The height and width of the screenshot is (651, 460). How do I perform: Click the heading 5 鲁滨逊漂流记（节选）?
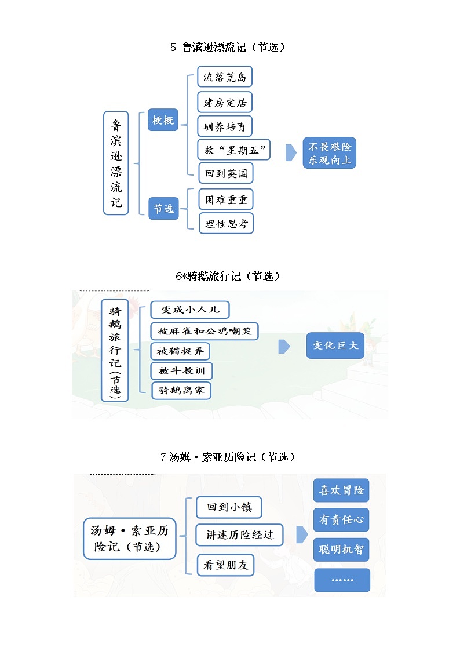[228, 48]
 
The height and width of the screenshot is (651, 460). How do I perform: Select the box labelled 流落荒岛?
[225, 77]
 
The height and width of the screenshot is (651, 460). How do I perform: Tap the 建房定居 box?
[225, 103]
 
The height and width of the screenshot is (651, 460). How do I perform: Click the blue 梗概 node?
[163, 120]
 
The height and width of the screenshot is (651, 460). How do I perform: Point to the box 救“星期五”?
[234, 150]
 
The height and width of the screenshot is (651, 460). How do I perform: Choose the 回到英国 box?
[225, 173]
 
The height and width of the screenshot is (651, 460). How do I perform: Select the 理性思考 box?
[226, 224]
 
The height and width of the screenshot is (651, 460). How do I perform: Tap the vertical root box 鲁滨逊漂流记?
[116, 163]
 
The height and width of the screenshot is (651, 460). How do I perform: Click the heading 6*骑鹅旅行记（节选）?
[228, 277]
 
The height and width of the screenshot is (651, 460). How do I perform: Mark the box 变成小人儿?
[189, 310]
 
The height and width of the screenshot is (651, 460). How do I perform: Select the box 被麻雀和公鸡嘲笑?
[204, 331]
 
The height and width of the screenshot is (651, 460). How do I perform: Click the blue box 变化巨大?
[335, 346]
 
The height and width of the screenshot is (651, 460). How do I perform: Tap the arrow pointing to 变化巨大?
[284, 346]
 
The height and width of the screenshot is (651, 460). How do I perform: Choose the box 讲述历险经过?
[239, 534]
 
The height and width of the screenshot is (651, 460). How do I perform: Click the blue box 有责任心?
[341, 520]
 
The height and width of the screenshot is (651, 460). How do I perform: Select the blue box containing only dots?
[342, 580]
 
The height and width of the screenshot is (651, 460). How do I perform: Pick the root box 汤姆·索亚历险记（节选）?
[129, 539]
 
